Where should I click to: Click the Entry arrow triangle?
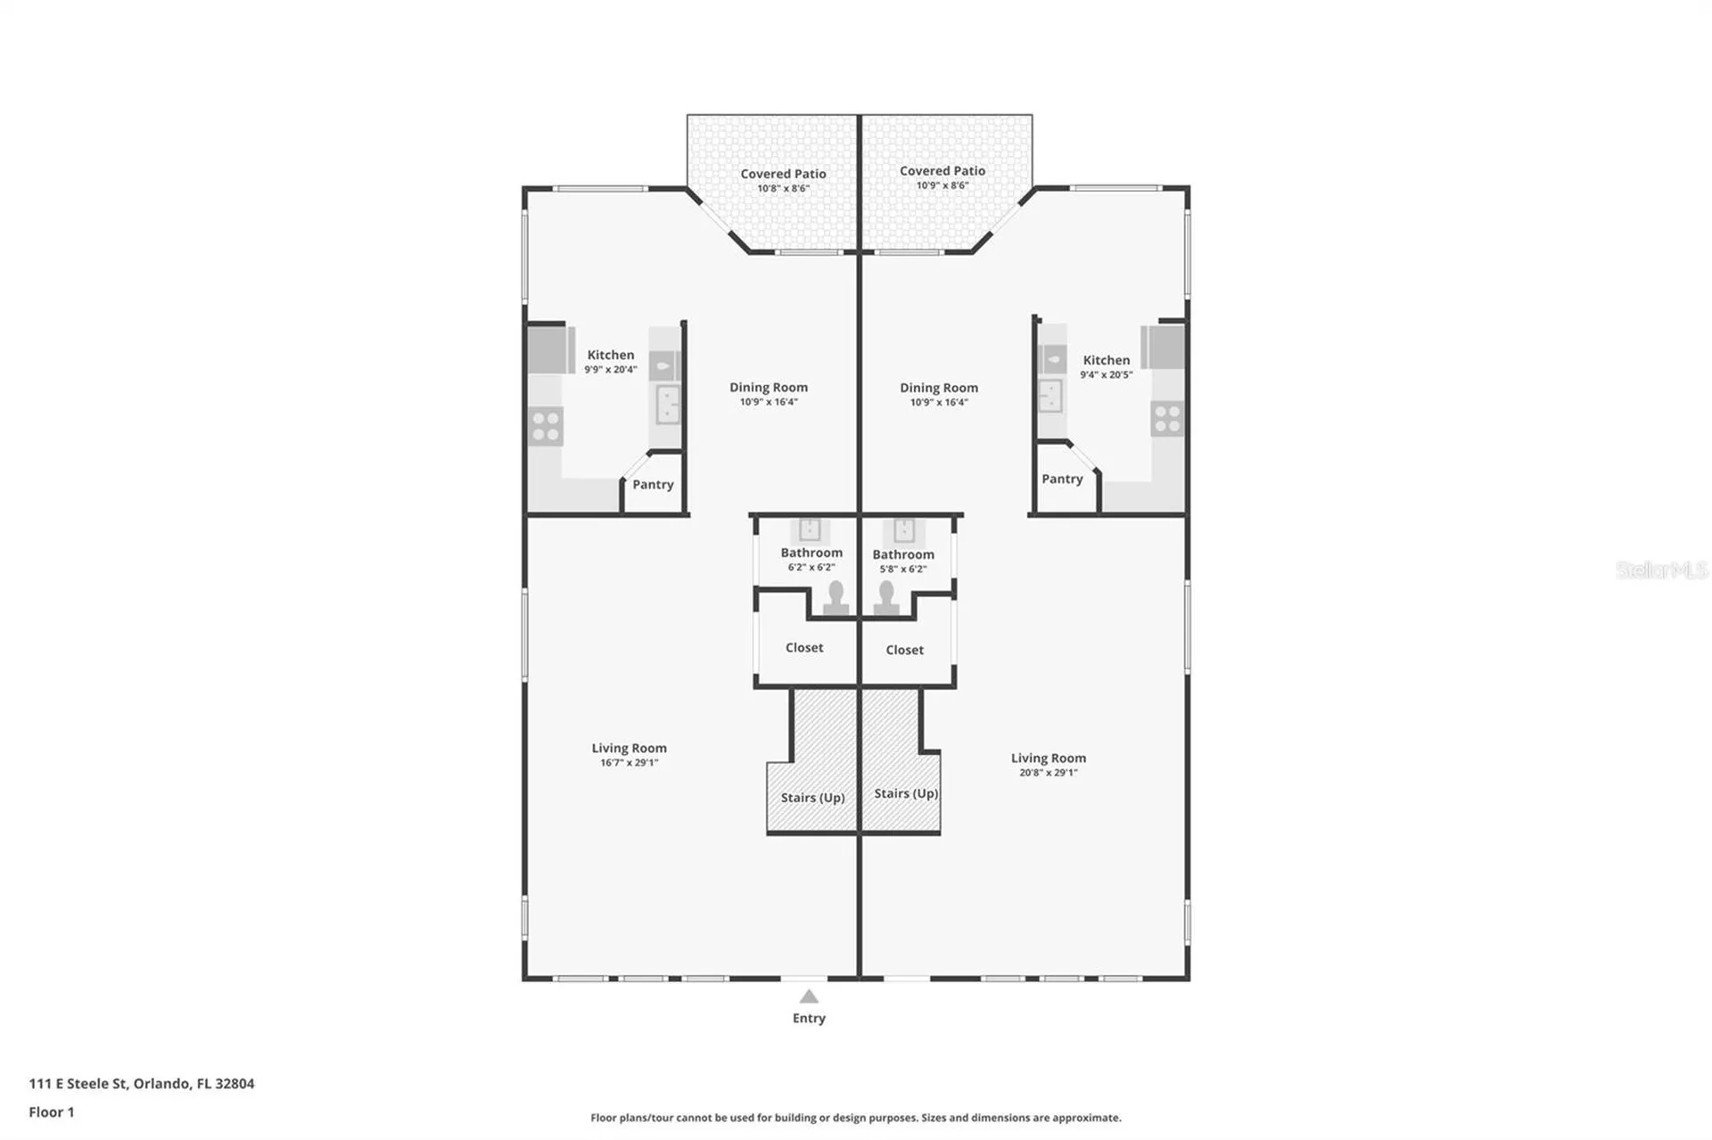coord(809,996)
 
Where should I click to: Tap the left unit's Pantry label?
coord(653,485)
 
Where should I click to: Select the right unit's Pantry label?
coord(1062,480)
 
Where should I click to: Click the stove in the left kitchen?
coord(546,425)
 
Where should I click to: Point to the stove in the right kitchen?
coord(1167,419)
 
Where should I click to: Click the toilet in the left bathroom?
coord(835,598)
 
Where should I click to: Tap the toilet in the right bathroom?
coord(885,598)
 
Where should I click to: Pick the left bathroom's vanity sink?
coord(810,530)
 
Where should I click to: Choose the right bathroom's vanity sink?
coord(904,530)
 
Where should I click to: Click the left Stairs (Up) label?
coord(812,798)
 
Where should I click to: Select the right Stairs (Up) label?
coord(906,793)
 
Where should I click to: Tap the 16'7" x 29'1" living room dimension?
coord(629,763)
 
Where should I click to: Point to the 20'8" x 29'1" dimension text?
coord(1049,773)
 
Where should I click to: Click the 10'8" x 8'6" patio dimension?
coord(783,189)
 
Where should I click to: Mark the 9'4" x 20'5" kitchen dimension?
coord(1107,375)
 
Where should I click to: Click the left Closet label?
coord(804,648)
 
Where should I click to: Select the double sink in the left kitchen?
coord(667,404)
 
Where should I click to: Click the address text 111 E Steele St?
coord(78,1084)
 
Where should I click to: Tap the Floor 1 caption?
coord(52,1112)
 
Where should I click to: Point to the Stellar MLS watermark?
coord(1662,570)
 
